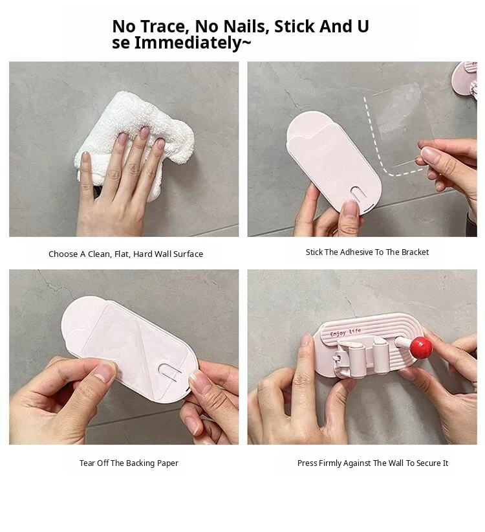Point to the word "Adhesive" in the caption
356,252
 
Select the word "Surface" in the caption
188,254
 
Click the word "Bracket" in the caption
415,252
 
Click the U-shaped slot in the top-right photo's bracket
358,194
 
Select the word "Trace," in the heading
165,27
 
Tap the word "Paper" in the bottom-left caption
167,463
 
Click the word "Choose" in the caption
63,254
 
